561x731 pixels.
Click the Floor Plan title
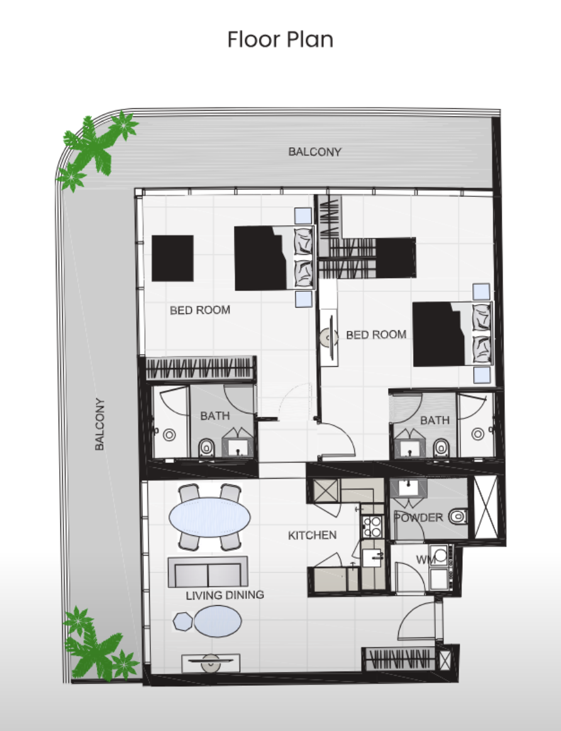280,39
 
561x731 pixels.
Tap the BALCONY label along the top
315,152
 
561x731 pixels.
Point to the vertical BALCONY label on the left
99,424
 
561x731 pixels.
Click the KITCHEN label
312,535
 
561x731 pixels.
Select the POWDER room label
418,518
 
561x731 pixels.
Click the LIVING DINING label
225,595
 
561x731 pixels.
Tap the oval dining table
209,517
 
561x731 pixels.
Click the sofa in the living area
208,572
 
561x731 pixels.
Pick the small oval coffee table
218,621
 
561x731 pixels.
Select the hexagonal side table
182,621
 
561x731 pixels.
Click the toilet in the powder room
458,516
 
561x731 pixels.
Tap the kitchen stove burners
372,527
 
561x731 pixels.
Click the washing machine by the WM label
439,555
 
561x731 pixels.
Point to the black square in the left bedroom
172,259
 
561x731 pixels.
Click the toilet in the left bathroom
206,448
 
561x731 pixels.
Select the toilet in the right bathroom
442,448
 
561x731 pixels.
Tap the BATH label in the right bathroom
435,420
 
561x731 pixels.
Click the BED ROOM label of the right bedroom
376,335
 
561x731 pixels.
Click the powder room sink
409,487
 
